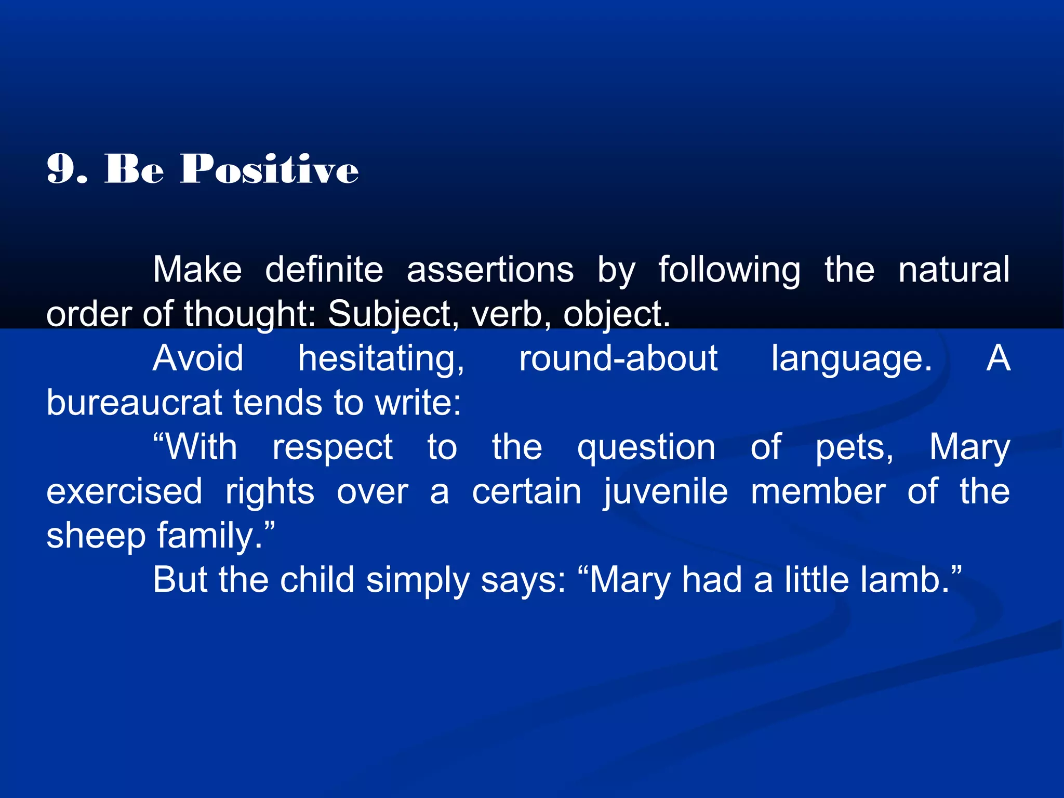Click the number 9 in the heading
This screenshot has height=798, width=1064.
tap(60, 169)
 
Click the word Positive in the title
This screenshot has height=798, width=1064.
tap(269, 169)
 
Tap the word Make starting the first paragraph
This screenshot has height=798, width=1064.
tap(197, 270)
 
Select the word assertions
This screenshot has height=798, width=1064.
tap(490, 270)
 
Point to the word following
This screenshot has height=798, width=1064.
tap(729, 270)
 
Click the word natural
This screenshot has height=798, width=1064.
tap(954, 270)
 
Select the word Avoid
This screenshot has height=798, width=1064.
tap(198, 358)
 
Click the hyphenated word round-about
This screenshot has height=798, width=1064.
tap(618, 358)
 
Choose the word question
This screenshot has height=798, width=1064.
tap(646, 447)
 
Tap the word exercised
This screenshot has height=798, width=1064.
tap(124, 491)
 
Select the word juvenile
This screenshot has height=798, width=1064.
tap(666, 491)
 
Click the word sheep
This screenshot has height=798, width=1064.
tap(96, 536)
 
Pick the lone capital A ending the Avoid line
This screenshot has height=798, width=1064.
tap(998, 358)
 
